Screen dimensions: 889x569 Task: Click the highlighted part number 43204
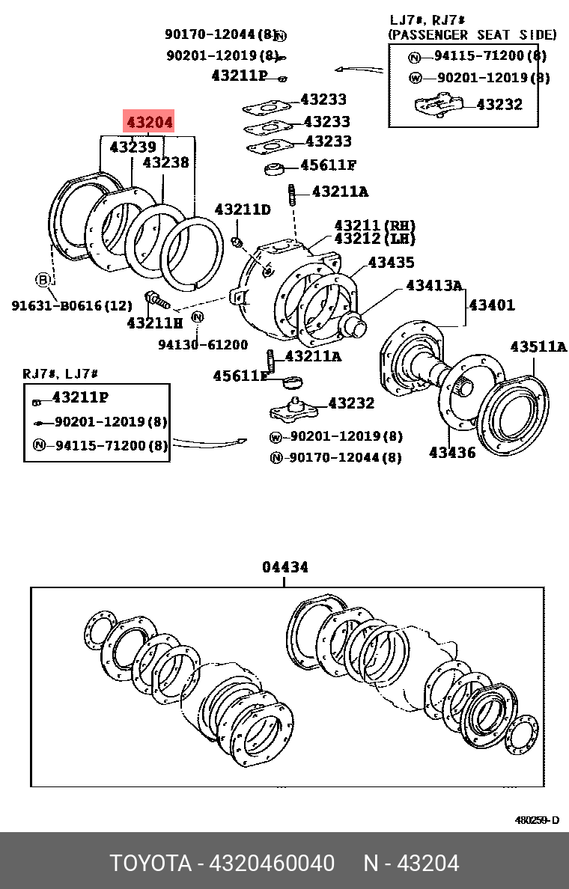tap(149, 122)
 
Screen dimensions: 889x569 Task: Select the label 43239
tap(133, 147)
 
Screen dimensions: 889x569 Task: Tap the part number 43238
tap(165, 162)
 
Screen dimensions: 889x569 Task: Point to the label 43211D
tap(242, 210)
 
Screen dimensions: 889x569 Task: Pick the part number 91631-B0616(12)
tap(71, 305)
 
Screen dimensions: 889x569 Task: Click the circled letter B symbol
tap(43, 280)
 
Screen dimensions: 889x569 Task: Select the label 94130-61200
tap(202, 344)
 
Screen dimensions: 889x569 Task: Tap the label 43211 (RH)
tap(374, 225)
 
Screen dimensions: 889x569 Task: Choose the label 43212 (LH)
tap(374, 239)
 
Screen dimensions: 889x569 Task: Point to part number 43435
tap(391, 263)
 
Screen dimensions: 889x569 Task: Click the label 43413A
tap(434, 285)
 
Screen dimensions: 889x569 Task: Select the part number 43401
tap(492, 305)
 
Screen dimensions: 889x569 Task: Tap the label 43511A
tap(538, 346)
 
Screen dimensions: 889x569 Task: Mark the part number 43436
tap(451, 453)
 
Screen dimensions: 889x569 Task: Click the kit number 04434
tap(284, 567)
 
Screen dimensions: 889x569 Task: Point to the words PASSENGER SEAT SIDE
tap(472, 34)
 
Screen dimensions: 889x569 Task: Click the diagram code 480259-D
tap(536, 820)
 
